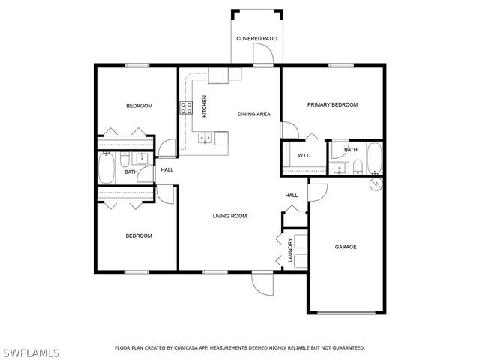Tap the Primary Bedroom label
tap(332, 104)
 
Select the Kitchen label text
tap(204, 105)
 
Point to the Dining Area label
tap(253, 114)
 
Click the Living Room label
tap(229, 216)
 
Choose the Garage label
tap(345, 247)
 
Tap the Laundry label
tap(288, 250)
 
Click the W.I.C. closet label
tap(304, 156)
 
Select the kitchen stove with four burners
tap(186, 107)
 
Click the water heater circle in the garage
tap(377, 182)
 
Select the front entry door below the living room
tap(263, 283)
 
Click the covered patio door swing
tap(262, 55)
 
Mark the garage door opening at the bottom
tap(346, 311)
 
